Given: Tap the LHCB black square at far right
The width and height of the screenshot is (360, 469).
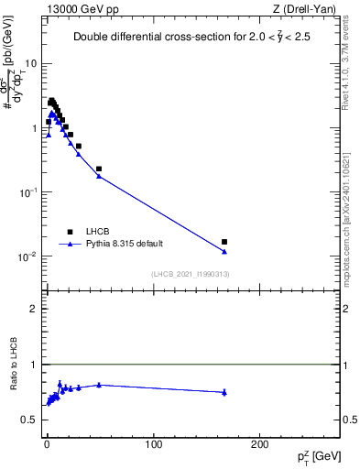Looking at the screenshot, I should (224, 242).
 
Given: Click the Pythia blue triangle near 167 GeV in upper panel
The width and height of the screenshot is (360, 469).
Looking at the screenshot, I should (224, 252).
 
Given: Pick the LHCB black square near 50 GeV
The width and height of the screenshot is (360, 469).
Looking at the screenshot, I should (99, 169).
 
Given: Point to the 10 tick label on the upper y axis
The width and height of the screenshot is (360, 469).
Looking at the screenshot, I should (30, 64).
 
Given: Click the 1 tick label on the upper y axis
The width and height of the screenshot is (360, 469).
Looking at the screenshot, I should (34, 128).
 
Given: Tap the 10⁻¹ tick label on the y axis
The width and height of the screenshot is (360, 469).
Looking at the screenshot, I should (28, 192).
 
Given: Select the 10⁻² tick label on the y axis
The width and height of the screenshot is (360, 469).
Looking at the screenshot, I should (28, 256).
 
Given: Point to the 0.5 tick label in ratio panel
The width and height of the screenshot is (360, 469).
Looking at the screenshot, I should (29, 420).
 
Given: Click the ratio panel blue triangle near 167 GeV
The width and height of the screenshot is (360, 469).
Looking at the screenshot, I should (224, 392).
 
